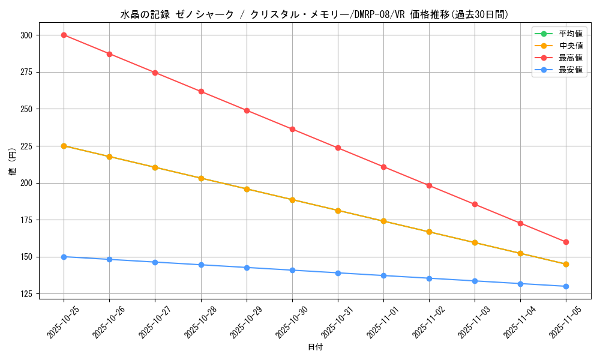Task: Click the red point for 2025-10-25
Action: (64, 35)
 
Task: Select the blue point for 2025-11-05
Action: (566, 286)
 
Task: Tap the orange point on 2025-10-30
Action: (292, 200)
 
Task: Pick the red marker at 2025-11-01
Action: (383, 167)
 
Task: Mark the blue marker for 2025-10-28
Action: (201, 265)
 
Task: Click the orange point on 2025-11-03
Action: (475, 243)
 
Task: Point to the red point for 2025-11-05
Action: (566, 242)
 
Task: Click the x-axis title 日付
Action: (315, 347)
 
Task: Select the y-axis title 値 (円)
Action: (13, 162)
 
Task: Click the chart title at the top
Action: (315, 14)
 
